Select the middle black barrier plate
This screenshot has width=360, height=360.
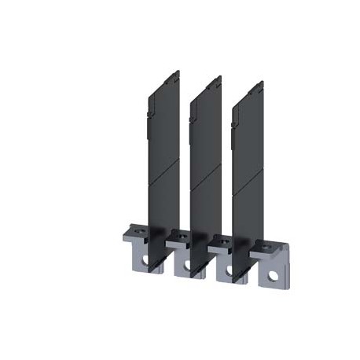pos(204,157)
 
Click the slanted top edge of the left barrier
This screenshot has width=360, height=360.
pos(164,79)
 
